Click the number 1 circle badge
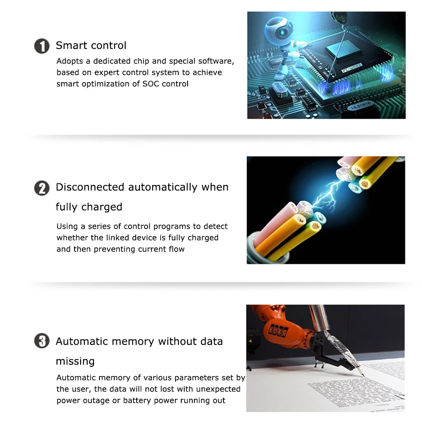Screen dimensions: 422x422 [x=42, y=46]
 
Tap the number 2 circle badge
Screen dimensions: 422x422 [x=42, y=188]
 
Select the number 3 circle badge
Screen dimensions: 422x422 [x=42, y=341]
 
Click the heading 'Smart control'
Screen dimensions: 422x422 [x=91, y=46]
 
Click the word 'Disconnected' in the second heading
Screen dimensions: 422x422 [x=90, y=187]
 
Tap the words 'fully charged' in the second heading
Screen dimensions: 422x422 [x=89, y=207]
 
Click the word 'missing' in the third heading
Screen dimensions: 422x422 [x=75, y=361]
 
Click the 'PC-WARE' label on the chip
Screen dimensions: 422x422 [x=352, y=68]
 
